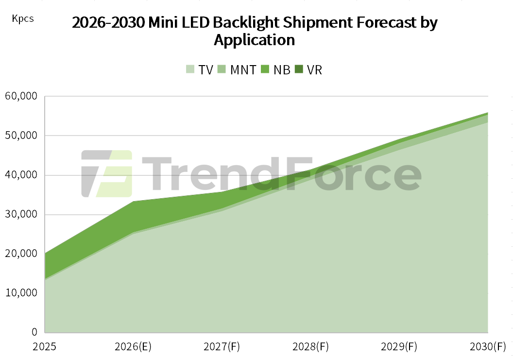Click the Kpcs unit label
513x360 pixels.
[22, 19]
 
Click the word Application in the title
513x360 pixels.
[254, 40]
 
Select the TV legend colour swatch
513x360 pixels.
[190, 69]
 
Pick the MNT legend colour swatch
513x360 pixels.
[222, 69]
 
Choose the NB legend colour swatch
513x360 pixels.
[265, 69]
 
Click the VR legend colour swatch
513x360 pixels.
[299, 69]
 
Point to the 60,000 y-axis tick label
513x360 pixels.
[21, 96]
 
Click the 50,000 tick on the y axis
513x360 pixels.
[21, 136]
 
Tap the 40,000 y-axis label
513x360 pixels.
[21, 175]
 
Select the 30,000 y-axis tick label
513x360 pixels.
[21, 214]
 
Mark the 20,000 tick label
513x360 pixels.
[21, 254]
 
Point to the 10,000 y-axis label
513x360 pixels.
[21, 293]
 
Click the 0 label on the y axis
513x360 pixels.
[34, 332]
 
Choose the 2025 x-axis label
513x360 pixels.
[45, 346]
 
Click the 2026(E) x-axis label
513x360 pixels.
[133, 346]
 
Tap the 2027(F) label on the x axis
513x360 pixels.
[222, 346]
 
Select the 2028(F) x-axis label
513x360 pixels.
[310, 346]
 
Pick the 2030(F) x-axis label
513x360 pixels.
[488, 346]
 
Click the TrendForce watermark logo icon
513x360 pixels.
[107, 174]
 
